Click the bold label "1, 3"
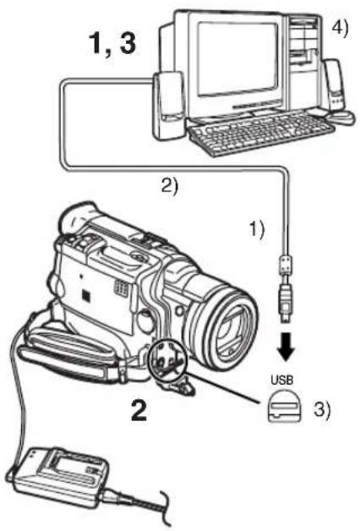tap(112, 43)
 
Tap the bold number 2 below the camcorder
tap(139, 410)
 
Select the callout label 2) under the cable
tap(169, 185)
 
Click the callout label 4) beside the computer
tap(339, 29)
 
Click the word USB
tap(282, 380)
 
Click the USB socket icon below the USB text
tap(284, 406)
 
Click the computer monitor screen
tap(237, 58)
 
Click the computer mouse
tap(341, 117)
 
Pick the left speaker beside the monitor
tap(168, 106)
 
